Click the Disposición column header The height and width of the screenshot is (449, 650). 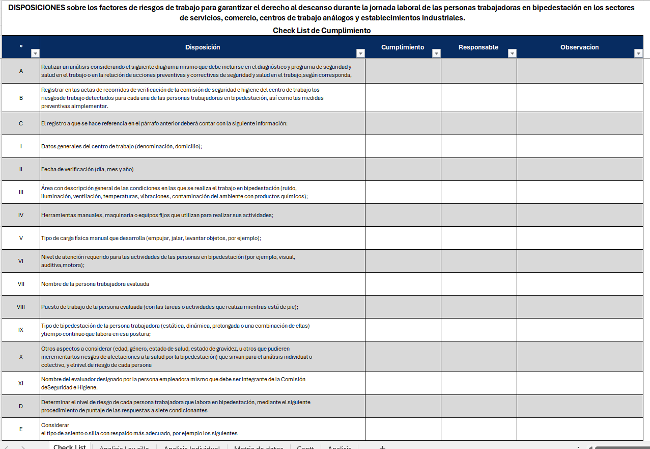(x=202, y=47)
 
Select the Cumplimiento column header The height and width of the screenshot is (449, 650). (x=402, y=47)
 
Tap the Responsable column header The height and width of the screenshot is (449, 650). (x=478, y=47)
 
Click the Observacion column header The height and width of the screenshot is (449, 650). (x=579, y=47)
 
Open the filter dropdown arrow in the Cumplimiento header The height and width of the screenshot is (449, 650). (x=436, y=54)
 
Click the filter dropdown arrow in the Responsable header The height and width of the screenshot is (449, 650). (x=512, y=54)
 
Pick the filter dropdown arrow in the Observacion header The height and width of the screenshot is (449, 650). (x=638, y=54)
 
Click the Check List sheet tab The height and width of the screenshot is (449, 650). (x=70, y=446)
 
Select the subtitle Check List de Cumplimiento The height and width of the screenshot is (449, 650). (x=322, y=31)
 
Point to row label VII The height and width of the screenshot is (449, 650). (x=21, y=284)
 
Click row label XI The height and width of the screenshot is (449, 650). (x=21, y=383)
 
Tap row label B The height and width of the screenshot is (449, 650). (x=21, y=98)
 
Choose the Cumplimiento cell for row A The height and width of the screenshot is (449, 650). (x=403, y=71)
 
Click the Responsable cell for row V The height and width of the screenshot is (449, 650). (x=478, y=238)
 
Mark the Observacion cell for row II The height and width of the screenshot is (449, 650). (x=580, y=169)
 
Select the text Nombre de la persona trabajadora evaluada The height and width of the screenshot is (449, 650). (x=95, y=284)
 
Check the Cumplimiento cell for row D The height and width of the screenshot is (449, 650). (x=403, y=406)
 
